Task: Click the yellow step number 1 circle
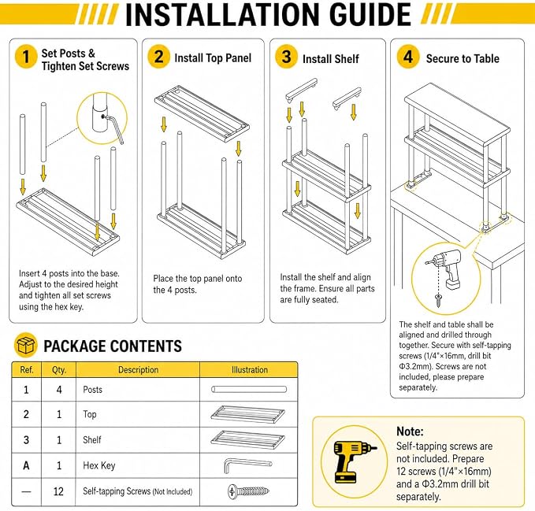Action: [x=25, y=57]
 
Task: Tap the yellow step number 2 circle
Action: [x=159, y=57]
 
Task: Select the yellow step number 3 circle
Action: [x=287, y=57]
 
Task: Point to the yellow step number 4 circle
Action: [x=408, y=57]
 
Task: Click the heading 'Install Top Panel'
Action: [x=213, y=58]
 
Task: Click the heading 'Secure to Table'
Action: [x=463, y=58]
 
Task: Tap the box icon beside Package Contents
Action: [x=25, y=345]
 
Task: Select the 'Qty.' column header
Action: [x=58, y=370]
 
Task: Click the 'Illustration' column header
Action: [x=250, y=370]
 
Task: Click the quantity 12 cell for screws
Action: [x=58, y=491]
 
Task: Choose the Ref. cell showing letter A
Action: [x=26, y=465]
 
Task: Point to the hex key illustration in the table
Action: [x=247, y=465]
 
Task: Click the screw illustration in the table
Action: [x=248, y=491]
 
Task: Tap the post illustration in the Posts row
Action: [x=249, y=389]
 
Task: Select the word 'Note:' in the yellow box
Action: [x=410, y=431]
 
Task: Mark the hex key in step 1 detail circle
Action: [x=114, y=128]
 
